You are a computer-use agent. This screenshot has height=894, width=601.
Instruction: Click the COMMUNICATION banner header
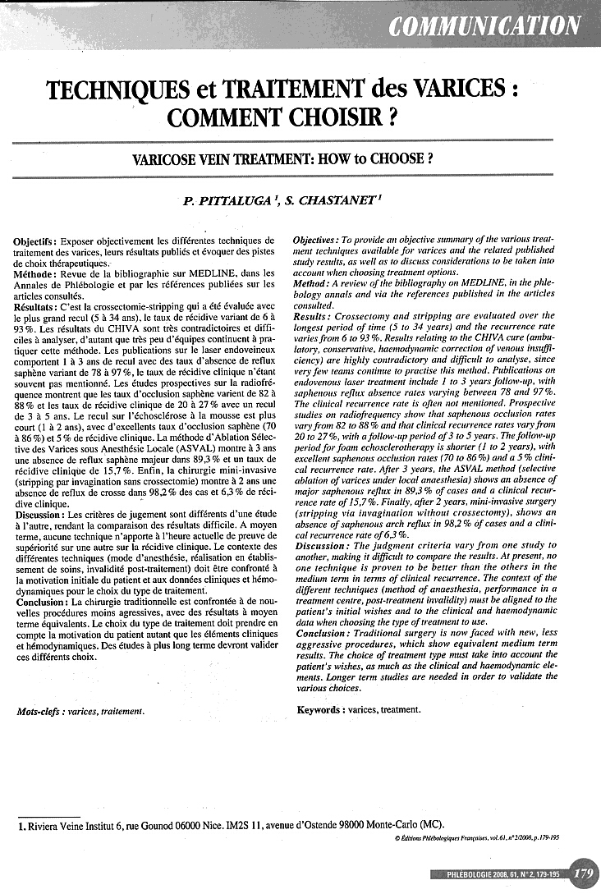pos(485,25)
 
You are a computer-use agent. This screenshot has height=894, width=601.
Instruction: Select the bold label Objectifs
pos(35,241)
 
